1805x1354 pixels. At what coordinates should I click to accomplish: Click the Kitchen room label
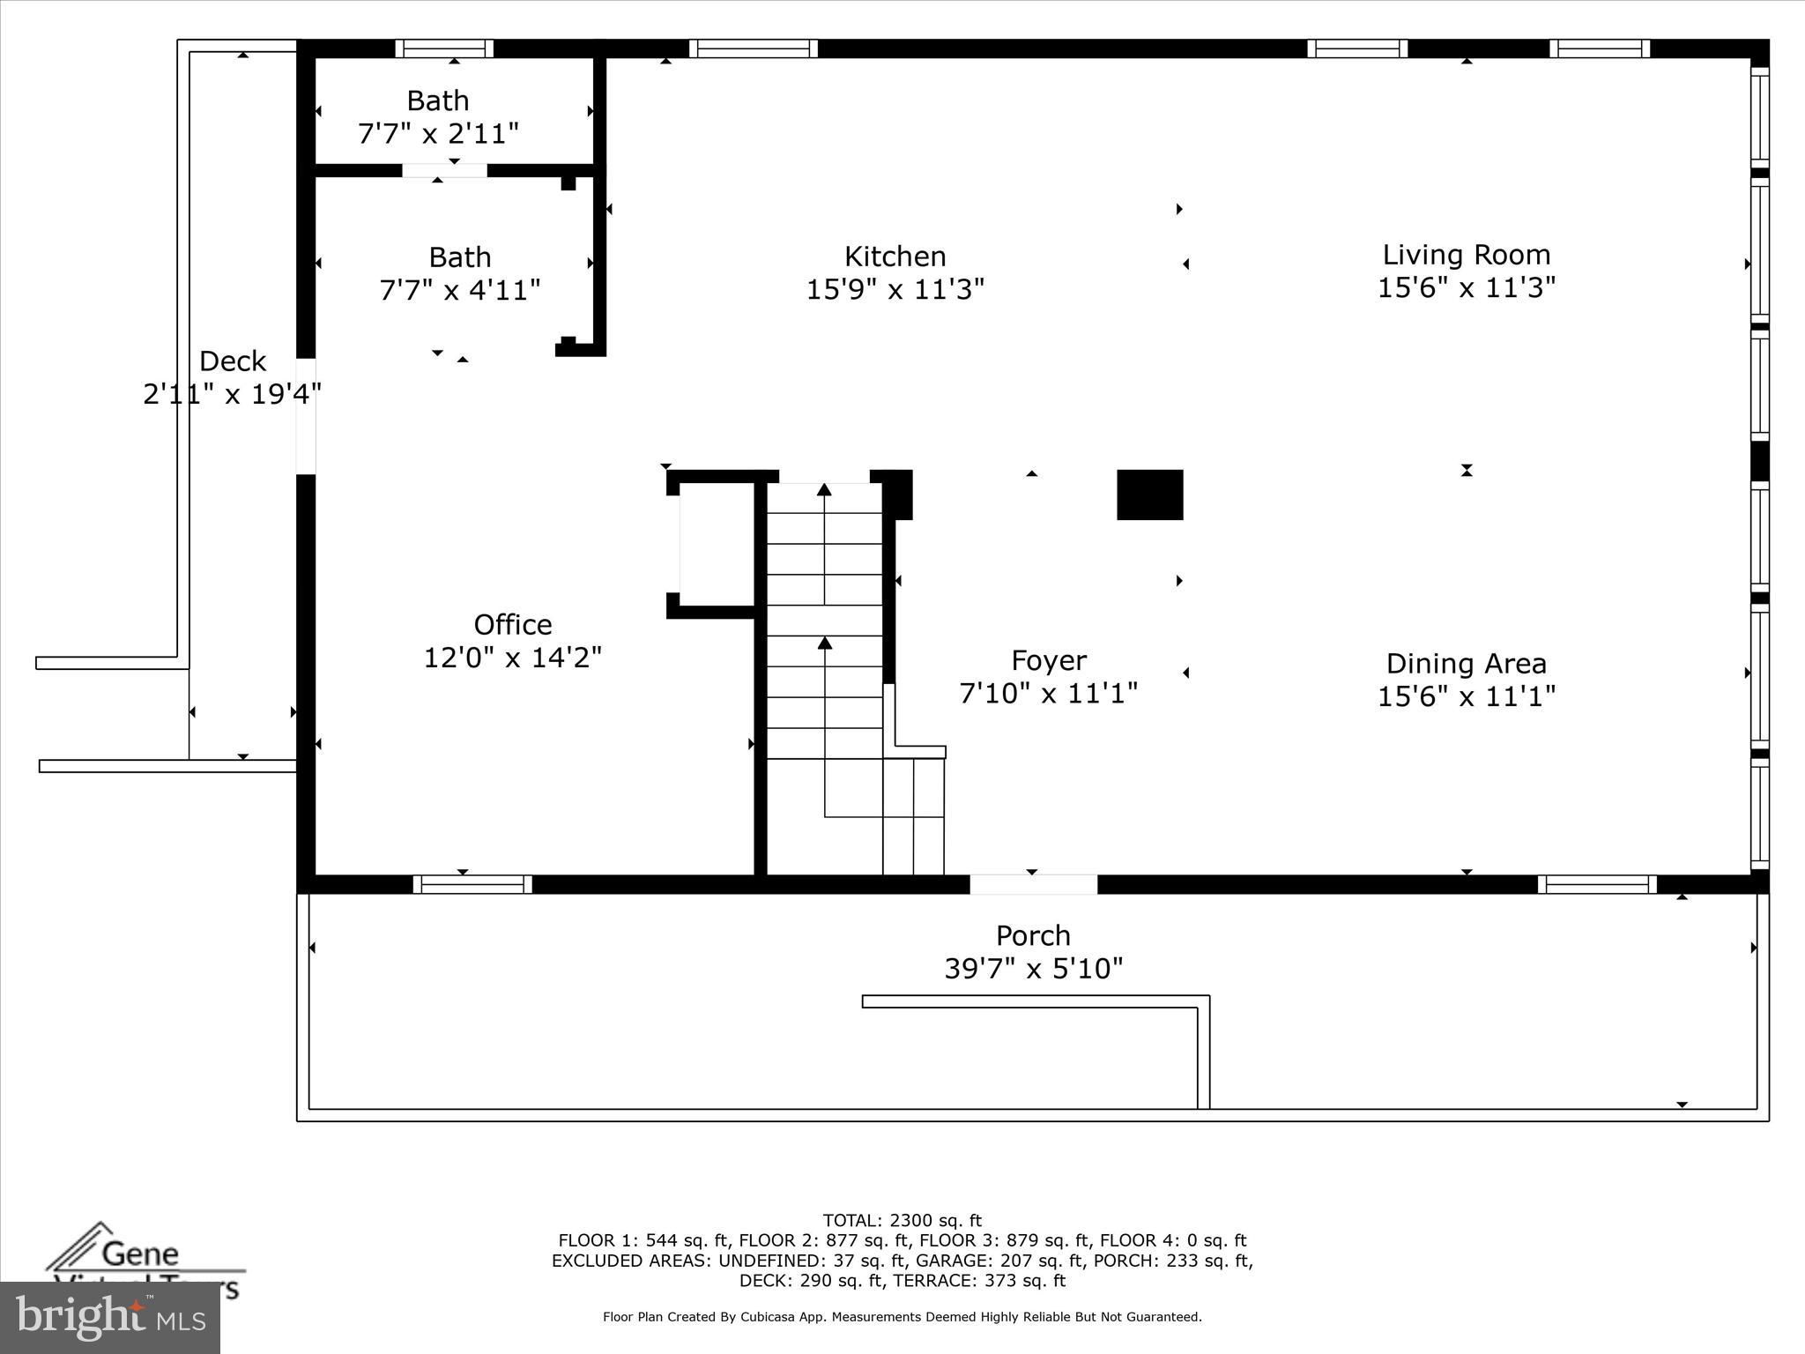tap(895, 257)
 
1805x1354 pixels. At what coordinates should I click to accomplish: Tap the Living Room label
tap(1466, 255)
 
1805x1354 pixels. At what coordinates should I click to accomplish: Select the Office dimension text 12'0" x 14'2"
tap(512, 658)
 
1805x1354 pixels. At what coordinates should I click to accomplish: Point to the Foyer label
tap(1048, 660)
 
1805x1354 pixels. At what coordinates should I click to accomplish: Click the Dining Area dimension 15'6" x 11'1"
tap(1466, 696)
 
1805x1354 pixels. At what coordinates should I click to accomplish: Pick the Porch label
tap(1033, 935)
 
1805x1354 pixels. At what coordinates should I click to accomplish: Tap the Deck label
tap(233, 361)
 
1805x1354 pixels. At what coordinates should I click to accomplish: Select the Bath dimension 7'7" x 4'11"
tap(459, 289)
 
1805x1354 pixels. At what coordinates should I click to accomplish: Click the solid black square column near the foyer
tap(1149, 495)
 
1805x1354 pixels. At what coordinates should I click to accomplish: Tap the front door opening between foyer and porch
tap(1033, 884)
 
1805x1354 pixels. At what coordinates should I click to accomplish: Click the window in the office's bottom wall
tap(472, 884)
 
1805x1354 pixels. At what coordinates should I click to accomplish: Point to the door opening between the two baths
tap(444, 170)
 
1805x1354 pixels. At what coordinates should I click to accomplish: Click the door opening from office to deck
tap(306, 415)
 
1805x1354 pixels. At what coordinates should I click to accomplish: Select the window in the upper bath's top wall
tap(443, 48)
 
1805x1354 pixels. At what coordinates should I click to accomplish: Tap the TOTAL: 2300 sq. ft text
tap(902, 1221)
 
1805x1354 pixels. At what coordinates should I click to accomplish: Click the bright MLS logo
tap(109, 1318)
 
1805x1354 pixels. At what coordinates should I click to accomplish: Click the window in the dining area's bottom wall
tap(1597, 884)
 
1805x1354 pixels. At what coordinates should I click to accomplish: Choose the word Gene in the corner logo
tap(140, 1253)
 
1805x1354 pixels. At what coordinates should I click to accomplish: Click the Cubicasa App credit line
tap(902, 1317)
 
